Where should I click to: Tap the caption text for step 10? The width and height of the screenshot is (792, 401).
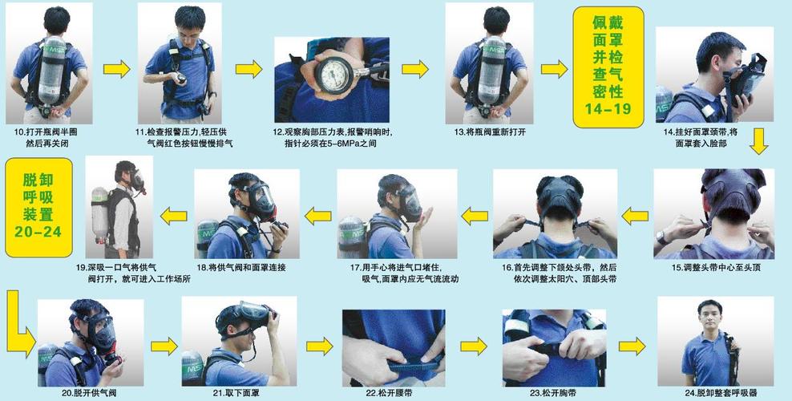tap(46, 138)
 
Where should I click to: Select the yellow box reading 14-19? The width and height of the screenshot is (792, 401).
tap(608, 67)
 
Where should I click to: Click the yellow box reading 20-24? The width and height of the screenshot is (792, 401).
tap(38, 208)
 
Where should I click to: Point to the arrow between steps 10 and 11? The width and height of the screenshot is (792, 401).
tap(116, 69)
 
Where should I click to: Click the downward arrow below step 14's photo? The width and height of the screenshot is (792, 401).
tap(758, 141)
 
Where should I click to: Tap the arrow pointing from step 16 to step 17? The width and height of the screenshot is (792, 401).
tap(475, 217)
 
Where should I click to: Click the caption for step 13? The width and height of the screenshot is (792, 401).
tap(490, 132)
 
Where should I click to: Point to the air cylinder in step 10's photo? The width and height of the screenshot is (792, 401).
tap(52, 70)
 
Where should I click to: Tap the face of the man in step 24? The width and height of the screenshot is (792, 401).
tap(709, 317)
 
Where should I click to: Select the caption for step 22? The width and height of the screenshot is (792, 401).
tap(394, 393)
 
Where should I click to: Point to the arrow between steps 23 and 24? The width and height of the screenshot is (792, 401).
tap(632, 346)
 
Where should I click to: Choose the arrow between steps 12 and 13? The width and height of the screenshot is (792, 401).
tap(415, 69)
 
